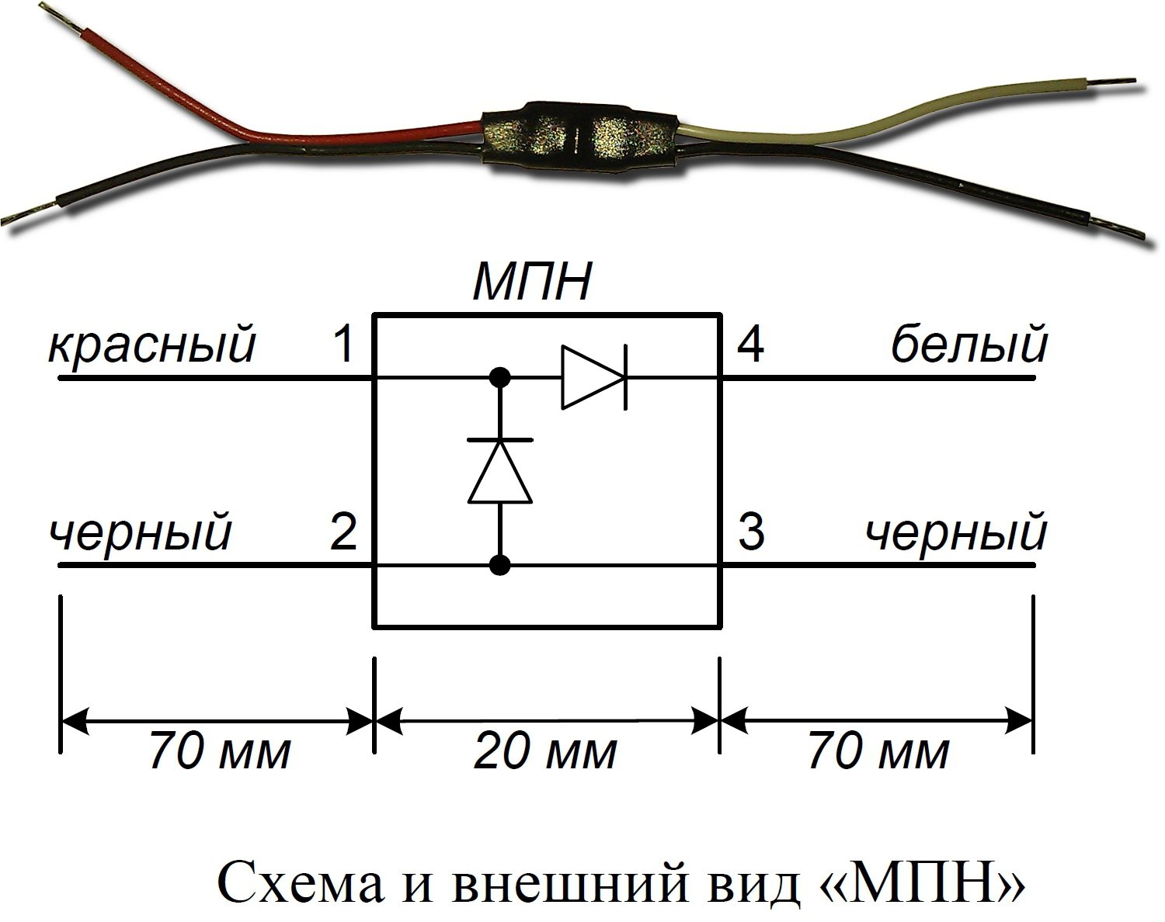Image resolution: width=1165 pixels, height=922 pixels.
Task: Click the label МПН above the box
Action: coord(532,282)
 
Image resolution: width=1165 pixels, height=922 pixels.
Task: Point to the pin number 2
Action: coord(343,532)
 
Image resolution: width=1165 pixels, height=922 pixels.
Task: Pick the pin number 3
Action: coord(751,532)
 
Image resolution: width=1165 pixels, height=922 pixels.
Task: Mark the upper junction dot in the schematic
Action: coord(500,378)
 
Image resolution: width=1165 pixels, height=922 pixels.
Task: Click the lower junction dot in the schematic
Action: coord(500,566)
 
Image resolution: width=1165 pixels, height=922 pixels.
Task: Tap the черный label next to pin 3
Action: coord(956,534)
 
